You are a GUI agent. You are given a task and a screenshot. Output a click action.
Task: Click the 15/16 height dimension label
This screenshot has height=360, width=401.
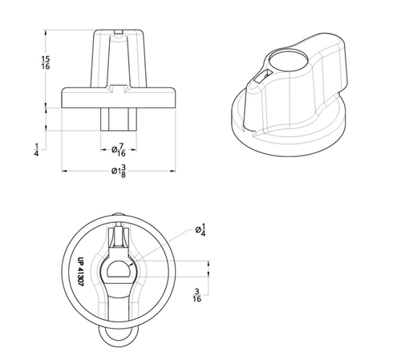click(47, 64)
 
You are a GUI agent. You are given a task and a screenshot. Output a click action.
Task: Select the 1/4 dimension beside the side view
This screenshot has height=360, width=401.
click(38, 148)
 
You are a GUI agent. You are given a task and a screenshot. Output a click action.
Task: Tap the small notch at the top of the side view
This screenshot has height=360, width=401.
click(118, 33)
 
